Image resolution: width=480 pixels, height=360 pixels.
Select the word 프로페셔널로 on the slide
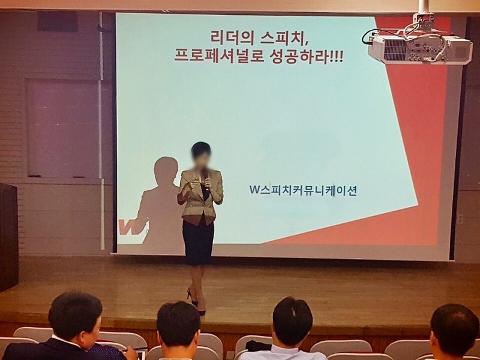219,56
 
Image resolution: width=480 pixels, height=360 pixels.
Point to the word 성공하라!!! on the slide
307,56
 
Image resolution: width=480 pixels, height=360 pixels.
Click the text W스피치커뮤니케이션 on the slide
303,190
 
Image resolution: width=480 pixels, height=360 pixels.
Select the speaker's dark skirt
198,241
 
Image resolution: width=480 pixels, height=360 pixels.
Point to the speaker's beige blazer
200,196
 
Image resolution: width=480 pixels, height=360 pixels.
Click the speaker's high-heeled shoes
196,302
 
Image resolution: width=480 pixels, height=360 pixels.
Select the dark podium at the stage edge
8,236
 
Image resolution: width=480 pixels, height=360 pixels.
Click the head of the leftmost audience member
76,316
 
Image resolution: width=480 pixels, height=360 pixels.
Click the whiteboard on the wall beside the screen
62,128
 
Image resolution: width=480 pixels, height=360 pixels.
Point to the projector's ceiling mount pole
424,7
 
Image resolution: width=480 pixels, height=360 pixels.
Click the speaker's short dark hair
201,150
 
